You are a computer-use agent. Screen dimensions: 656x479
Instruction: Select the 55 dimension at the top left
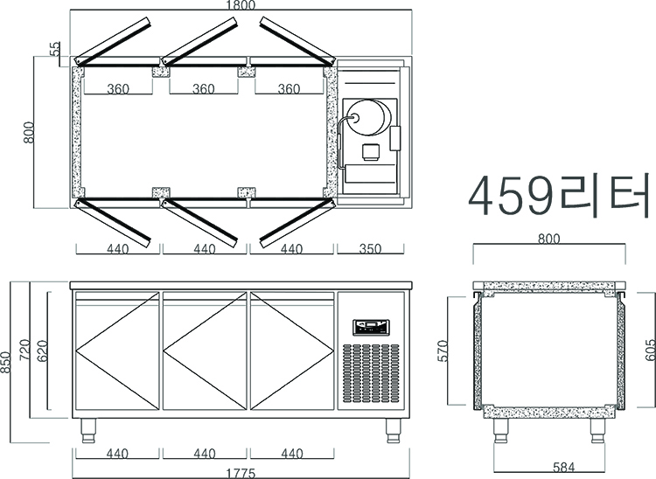55,48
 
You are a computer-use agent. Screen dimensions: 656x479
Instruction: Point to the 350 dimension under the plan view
370,249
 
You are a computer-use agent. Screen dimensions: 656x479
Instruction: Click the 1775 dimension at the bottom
241,474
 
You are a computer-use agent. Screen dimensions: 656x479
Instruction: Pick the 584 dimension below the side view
563,467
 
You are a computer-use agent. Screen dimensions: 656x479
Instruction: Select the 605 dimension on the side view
650,350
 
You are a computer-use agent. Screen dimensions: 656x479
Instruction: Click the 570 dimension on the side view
443,351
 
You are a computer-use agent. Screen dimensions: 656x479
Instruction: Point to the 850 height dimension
5,362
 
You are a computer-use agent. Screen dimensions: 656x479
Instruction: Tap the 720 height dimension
25,350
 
